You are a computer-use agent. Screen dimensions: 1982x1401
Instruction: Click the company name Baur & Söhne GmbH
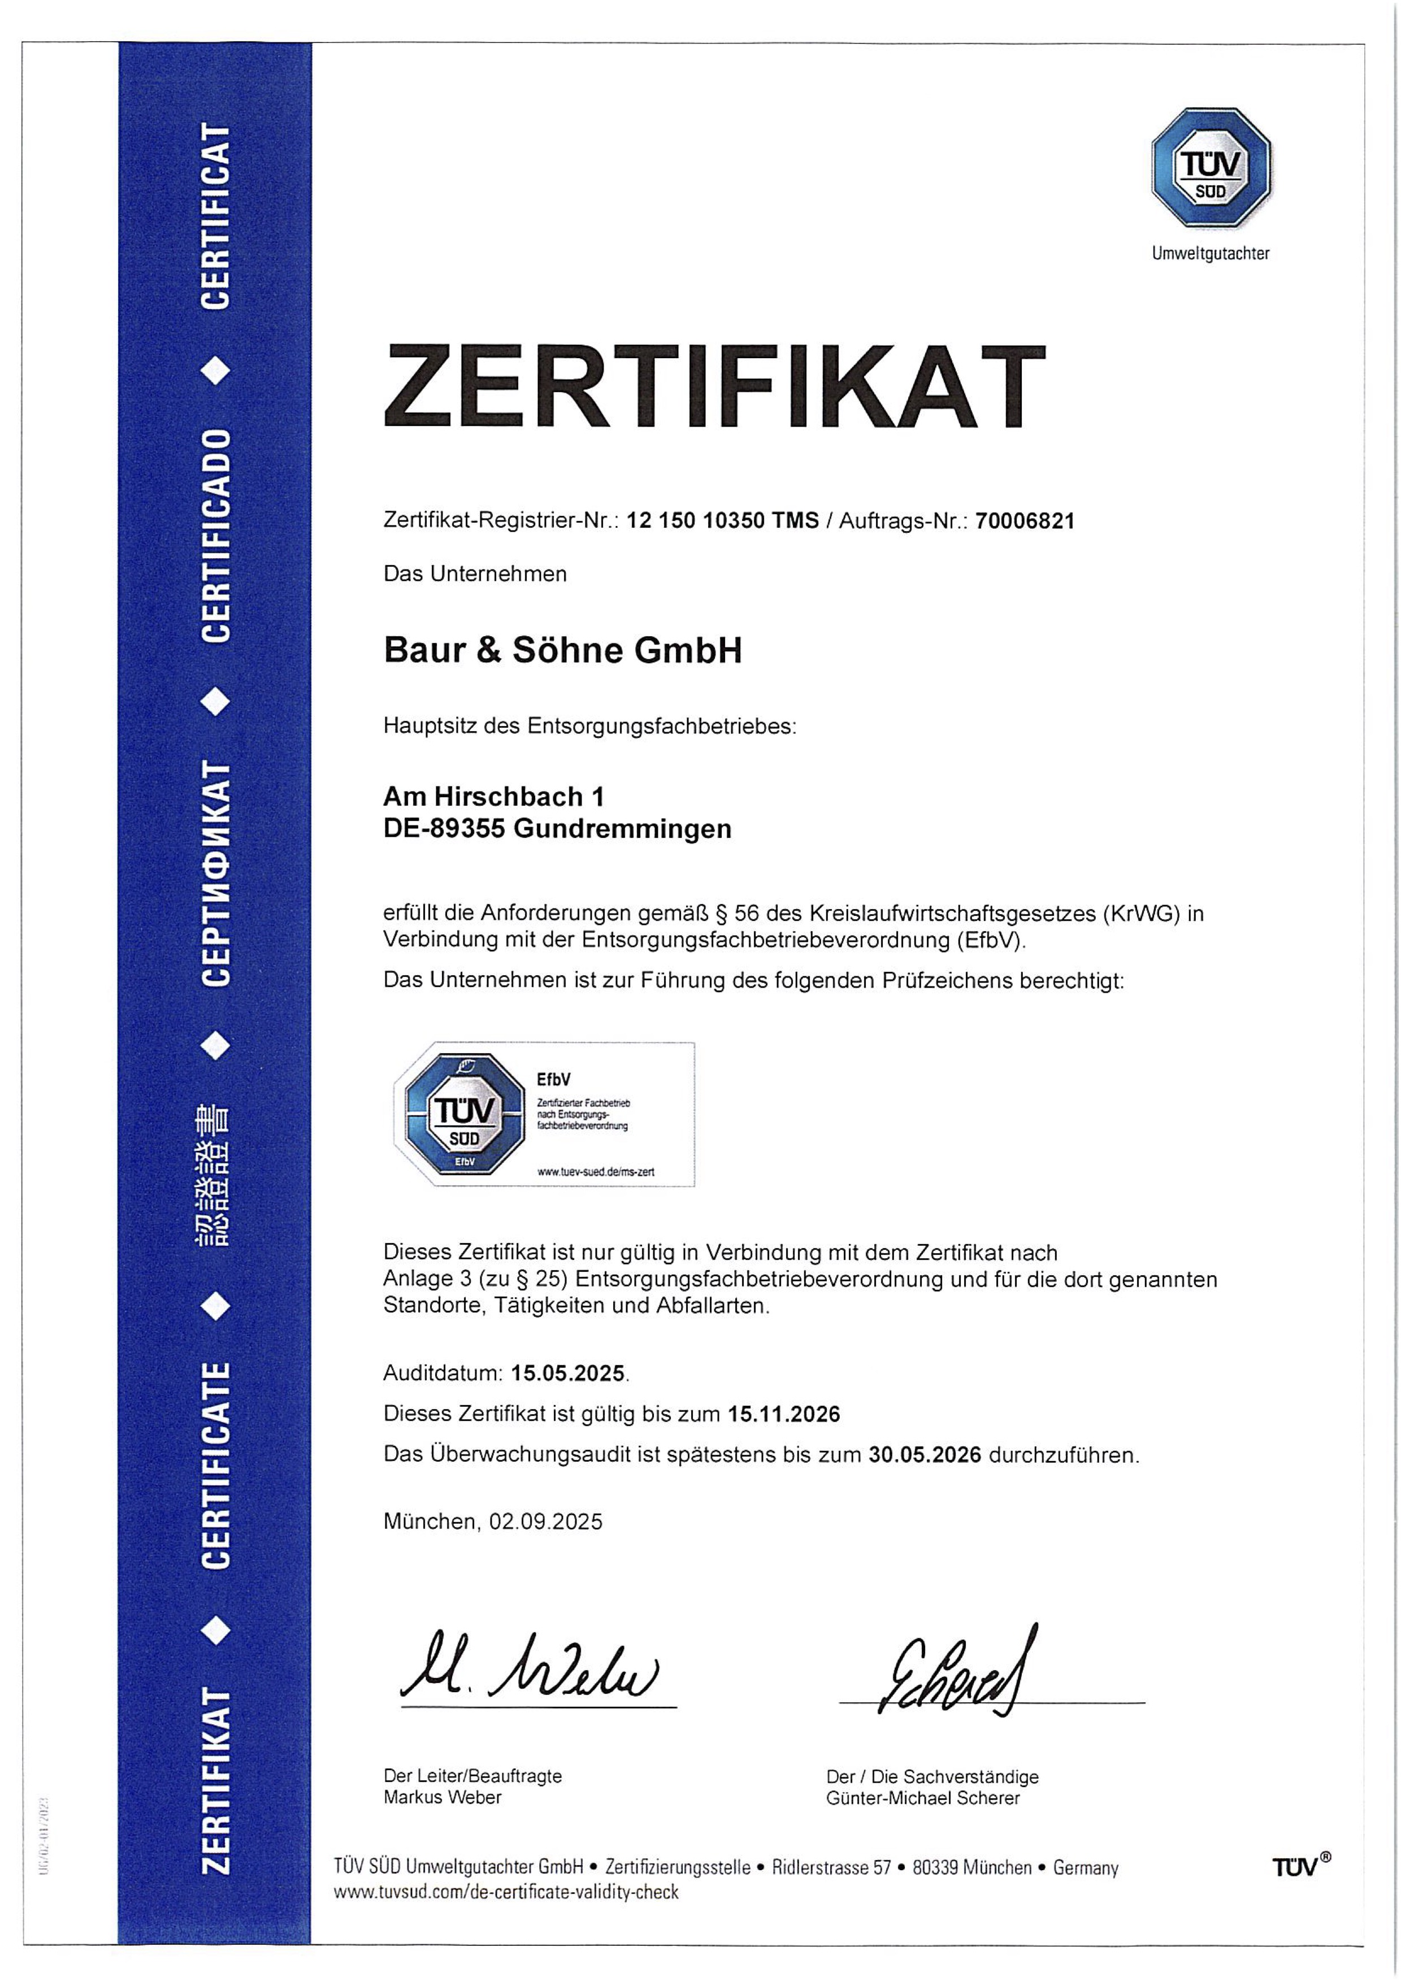click(563, 650)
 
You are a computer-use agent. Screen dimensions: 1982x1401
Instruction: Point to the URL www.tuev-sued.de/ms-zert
click(596, 1171)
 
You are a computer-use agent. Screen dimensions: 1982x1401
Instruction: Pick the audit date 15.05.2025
click(567, 1372)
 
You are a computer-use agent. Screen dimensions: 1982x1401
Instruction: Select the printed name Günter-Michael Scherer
click(923, 1798)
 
